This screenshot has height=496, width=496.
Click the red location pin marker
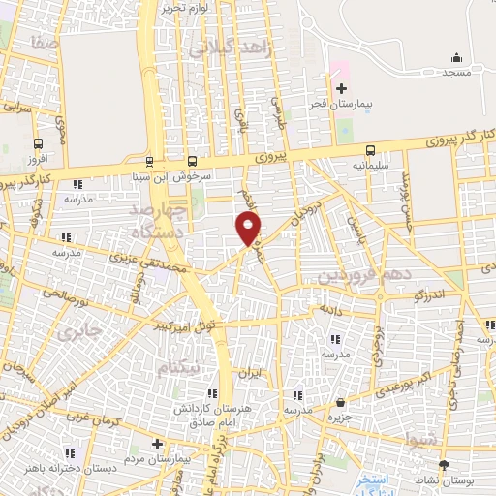[x=249, y=229]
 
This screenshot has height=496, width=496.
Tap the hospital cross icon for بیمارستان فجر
[x=341, y=88]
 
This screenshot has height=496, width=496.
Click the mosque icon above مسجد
[x=455, y=58]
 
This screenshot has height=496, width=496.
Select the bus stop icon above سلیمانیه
[x=371, y=150]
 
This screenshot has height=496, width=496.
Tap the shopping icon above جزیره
[x=340, y=402]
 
